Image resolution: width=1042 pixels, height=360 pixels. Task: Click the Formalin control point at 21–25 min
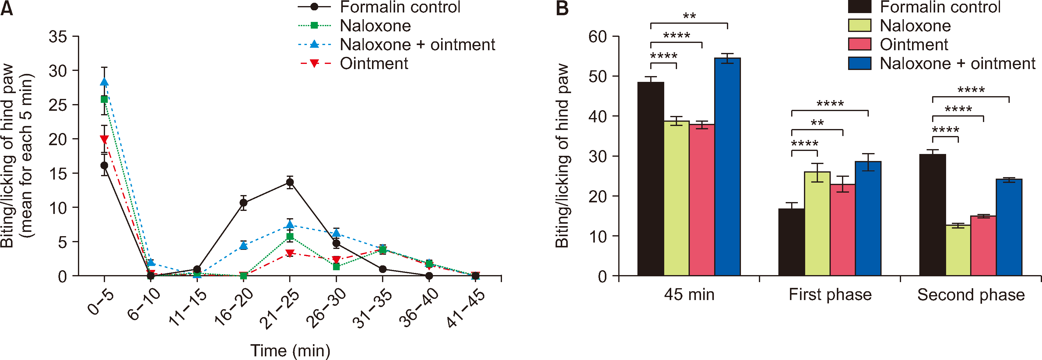[289, 182]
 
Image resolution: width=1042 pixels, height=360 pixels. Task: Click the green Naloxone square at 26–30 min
[336, 267]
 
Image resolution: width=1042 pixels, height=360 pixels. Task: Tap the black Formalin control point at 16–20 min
[243, 203]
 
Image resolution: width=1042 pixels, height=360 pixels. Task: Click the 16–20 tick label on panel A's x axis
[234, 307]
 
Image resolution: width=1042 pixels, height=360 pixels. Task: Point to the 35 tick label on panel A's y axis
[58, 37]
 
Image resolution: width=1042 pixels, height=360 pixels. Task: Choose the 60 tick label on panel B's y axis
[598, 37]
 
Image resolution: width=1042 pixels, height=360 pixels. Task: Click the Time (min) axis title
[290, 350]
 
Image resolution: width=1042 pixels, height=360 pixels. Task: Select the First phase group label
[830, 295]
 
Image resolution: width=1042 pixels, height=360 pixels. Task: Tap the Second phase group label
[971, 295]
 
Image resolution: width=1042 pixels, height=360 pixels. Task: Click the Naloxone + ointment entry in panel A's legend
[417, 44]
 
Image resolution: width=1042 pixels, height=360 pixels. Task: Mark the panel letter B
[562, 8]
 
